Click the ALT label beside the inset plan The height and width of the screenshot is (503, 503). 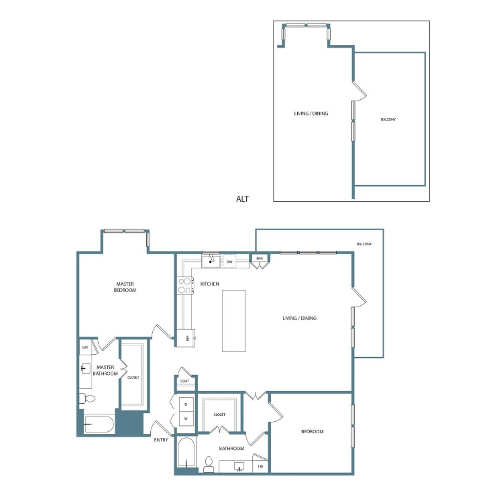tap(243, 199)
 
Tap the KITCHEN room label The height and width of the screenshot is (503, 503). tap(210, 284)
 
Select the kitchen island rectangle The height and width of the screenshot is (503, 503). tap(234, 321)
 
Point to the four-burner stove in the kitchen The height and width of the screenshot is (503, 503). tap(184, 286)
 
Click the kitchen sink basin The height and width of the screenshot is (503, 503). tap(212, 260)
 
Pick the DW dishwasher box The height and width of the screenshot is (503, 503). tap(229, 261)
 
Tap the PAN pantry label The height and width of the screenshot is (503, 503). tap(259, 258)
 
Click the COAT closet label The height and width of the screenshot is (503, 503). tap(185, 381)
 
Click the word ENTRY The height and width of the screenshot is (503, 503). tap(161, 440)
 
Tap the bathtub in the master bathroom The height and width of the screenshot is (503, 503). tap(99, 425)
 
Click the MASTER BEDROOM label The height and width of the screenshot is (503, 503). tap(125, 287)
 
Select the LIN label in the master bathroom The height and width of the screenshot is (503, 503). tap(85, 347)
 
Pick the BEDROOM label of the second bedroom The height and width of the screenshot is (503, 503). tap(313, 431)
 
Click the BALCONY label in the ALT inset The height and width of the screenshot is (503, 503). tap(388, 119)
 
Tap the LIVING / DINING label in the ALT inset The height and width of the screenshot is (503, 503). tap(311, 113)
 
